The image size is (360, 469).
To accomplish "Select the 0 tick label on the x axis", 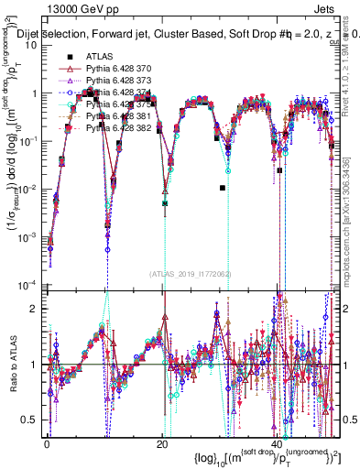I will coord(48,442).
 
